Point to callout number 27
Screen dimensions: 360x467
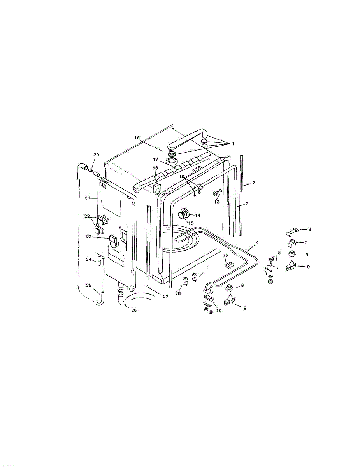tap(165, 297)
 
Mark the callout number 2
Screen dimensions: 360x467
tap(253, 183)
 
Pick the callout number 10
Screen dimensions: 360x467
tap(219, 311)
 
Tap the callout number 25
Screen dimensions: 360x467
tap(89, 286)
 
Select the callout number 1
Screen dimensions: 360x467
tap(233, 144)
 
